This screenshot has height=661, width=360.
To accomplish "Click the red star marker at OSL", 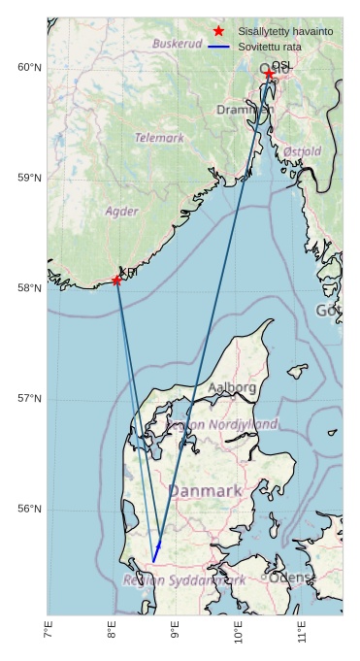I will coord(269,74).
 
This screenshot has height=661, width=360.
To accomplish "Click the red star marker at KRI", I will coord(116,281).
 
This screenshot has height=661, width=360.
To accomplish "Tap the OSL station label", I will coord(281,66).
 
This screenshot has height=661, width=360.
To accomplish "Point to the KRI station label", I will coord(128,273).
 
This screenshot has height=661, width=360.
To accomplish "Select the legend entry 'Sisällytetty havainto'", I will coord(285,31).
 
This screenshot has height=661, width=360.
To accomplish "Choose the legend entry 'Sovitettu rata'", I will coord(269,46).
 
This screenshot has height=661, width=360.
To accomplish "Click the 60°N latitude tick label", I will coord(30,67).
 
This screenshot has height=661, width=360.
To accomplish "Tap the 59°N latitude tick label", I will coord(30,178).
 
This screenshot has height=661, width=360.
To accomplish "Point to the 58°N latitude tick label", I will coord(30,288).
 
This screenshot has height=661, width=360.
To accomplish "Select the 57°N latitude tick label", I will coord(30,399).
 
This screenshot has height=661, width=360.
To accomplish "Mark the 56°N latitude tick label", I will coord(30,510).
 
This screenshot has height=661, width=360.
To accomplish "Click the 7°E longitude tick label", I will coord(49,632).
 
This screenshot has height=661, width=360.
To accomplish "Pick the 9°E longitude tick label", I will coord(176,632).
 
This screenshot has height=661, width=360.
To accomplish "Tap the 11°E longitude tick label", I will coord(302,632).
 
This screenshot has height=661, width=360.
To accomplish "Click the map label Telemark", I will coord(159,138).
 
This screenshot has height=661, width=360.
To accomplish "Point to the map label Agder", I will coord(121,211).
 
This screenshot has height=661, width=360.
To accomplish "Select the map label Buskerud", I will coord(177,44).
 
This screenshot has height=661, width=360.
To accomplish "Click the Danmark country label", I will coord(205,491).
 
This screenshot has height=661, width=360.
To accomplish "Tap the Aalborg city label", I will coord(232,387).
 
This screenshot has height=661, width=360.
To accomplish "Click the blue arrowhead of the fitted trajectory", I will coord(157,549).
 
